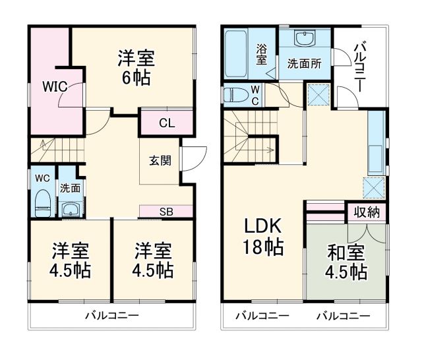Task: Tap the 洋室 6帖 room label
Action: coord(136,68)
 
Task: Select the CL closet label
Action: coord(166,123)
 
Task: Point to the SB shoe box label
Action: coord(166,212)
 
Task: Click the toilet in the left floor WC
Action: coord(42,202)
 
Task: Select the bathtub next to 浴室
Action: coord(236,54)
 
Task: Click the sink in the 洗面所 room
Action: coord(304,40)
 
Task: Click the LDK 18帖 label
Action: coord(264,237)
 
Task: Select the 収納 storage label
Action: coord(367,213)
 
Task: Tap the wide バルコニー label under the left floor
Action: coord(111,316)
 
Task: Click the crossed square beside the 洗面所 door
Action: coord(318,96)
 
